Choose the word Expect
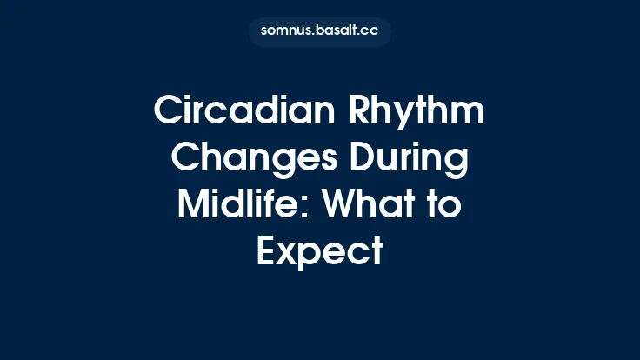(x=320, y=252)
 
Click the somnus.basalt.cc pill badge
(x=320, y=31)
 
